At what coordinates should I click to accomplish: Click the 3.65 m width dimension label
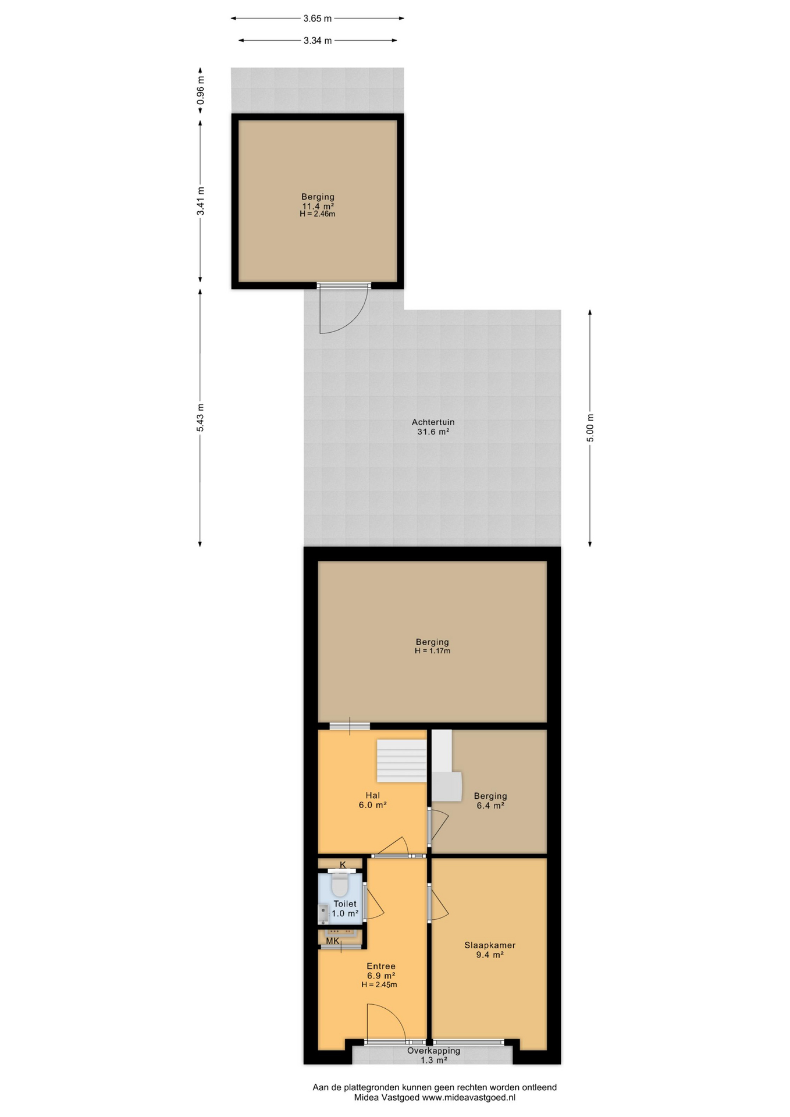pos(317,19)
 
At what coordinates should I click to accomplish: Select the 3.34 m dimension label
pos(317,41)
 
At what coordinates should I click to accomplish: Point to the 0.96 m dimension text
pos(201,91)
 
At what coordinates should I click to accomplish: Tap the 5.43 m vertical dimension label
pos(200,418)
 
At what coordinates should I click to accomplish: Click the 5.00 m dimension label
pos(590,428)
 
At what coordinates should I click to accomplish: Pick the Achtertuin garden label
pos(433,422)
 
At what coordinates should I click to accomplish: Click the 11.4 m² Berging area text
pos(318,206)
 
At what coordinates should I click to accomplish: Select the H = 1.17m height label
pos(432,651)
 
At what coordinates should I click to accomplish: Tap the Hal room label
pos(373,795)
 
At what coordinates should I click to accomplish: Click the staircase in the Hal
pos(402,761)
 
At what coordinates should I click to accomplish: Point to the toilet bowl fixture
pos(339,886)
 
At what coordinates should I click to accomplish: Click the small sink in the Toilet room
pos(323,914)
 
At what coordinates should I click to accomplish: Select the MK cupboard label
pos(332,941)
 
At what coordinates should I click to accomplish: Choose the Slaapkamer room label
pos(490,945)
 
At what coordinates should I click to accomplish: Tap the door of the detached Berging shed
pos(344,309)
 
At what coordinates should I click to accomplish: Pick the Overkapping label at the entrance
pos(433,1051)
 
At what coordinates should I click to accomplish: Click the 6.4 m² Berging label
pos(490,801)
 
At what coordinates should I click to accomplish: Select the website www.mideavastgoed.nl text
pos(469,1097)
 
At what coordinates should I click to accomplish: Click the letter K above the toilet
pos(343,865)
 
